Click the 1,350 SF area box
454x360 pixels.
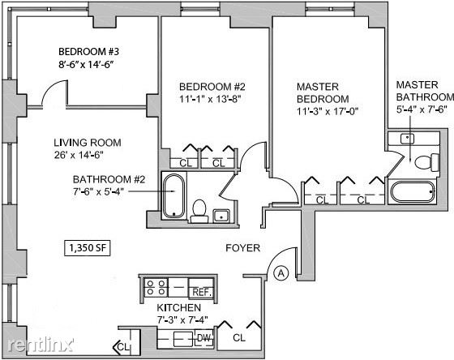point(88,248)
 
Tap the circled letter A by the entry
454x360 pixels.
point(281,273)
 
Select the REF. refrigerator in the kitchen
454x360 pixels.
point(202,288)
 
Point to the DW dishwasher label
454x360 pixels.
point(204,338)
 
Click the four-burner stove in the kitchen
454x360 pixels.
point(156,288)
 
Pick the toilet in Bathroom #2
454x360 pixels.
point(199,211)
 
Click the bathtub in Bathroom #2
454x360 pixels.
point(173,195)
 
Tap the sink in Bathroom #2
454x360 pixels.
point(221,216)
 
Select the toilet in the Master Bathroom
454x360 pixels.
point(426,162)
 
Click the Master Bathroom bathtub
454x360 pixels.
point(413,191)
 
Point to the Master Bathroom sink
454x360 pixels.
point(407,139)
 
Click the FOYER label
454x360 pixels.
point(242,248)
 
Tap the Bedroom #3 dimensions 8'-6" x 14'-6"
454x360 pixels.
point(86,64)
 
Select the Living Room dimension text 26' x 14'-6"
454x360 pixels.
point(79,155)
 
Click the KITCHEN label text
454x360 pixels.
point(179,307)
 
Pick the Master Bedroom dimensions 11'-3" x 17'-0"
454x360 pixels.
point(328,111)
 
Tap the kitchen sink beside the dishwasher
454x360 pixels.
point(183,339)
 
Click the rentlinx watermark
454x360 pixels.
point(41,345)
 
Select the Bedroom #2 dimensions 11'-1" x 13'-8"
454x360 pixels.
point(210,99)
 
